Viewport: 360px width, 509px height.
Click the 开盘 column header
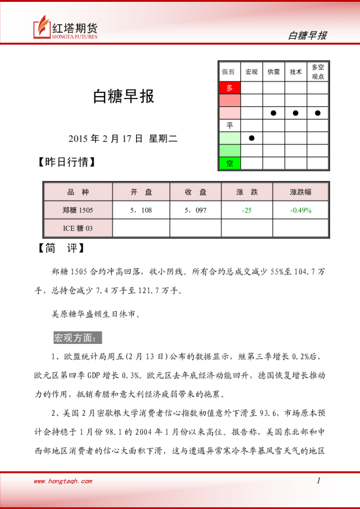coord(141,192)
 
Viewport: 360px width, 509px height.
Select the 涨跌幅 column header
coord(301,192)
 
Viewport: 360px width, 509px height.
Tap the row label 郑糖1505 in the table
coord(78,210)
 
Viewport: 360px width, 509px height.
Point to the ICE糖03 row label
coord(78,228)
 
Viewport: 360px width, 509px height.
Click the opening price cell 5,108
coord(141,210)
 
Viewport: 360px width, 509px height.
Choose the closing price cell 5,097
coord(195,210)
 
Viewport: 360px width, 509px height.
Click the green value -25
coord(247,210)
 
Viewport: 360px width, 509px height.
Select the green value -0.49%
coord(301,210)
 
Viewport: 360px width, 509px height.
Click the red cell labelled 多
coord(229,88)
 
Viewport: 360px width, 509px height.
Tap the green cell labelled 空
coord(229,163)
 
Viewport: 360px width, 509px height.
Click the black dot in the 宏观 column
coord(252,138)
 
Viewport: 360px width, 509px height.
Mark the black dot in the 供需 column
coord(273,113)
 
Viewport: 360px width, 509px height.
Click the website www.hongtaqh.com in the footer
coord(63,482)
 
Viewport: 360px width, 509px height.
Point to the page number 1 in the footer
coord(318,481)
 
